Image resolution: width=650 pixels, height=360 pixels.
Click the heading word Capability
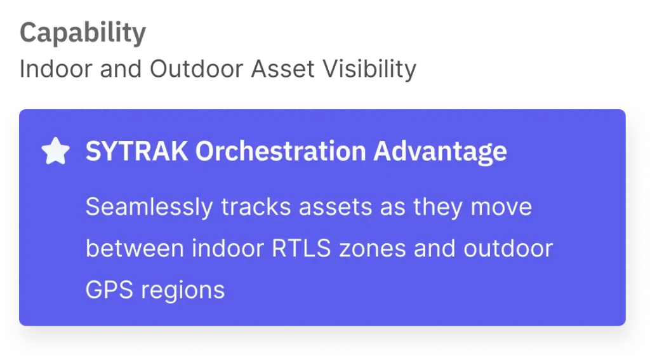tap(83, 33)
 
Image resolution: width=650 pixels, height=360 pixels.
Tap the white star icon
tap(56, 151)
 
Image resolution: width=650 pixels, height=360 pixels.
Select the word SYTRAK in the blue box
tap(137, 151)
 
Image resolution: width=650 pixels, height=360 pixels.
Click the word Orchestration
tap(281, 151)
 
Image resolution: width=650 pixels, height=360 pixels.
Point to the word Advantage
tap(441, 152)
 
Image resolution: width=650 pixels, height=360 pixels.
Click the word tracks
tap(256, 207)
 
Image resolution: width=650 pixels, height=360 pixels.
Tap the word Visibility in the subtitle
tap(369, 69)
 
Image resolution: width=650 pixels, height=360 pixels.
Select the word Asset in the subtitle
tap(282, 69)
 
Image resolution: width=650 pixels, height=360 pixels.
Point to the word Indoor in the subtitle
tap(56, 69)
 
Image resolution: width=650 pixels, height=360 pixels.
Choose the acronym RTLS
tap(302, 249)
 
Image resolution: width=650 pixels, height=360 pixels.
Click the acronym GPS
tap(109, 290)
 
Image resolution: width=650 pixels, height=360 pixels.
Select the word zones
tap(372, 250)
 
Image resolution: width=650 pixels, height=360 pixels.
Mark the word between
tap(135, 248)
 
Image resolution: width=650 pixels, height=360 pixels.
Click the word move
tap(501, 208)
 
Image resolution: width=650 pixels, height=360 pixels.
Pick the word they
tap(438, 208)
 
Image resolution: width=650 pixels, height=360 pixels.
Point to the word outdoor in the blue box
tap(508, 248)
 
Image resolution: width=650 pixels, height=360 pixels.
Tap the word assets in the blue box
tap(335, 208)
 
